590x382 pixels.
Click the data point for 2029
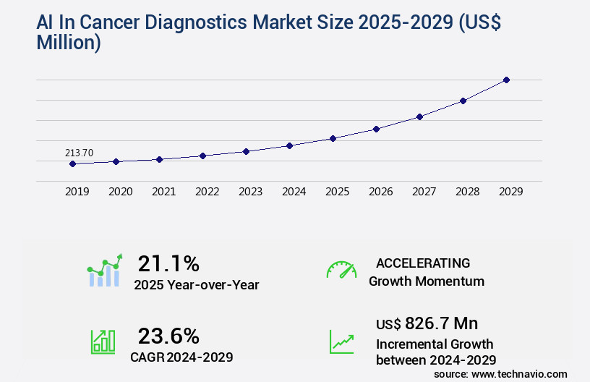coord(506,80)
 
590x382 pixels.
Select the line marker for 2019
coord(72,164)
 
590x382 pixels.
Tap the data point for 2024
coord(289,145)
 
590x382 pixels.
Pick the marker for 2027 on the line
coord(419,116)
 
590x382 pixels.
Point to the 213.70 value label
coord(79,153)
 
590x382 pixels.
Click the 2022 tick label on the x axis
coord(207,192)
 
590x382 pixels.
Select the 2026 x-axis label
coord(380,192)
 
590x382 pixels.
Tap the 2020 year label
coord(120,192)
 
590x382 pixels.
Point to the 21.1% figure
coord(168,263)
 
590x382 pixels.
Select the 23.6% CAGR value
coord(168,336)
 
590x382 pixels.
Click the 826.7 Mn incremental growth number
coord(441,323)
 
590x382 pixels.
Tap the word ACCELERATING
coord(423,263)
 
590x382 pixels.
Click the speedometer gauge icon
coord(341,270)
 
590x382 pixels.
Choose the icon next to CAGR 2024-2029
coord(103,341)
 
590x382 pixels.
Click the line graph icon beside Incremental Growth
coord(341,341)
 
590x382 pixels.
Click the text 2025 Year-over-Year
coord(196,285)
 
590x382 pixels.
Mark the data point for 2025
coord(333,138)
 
